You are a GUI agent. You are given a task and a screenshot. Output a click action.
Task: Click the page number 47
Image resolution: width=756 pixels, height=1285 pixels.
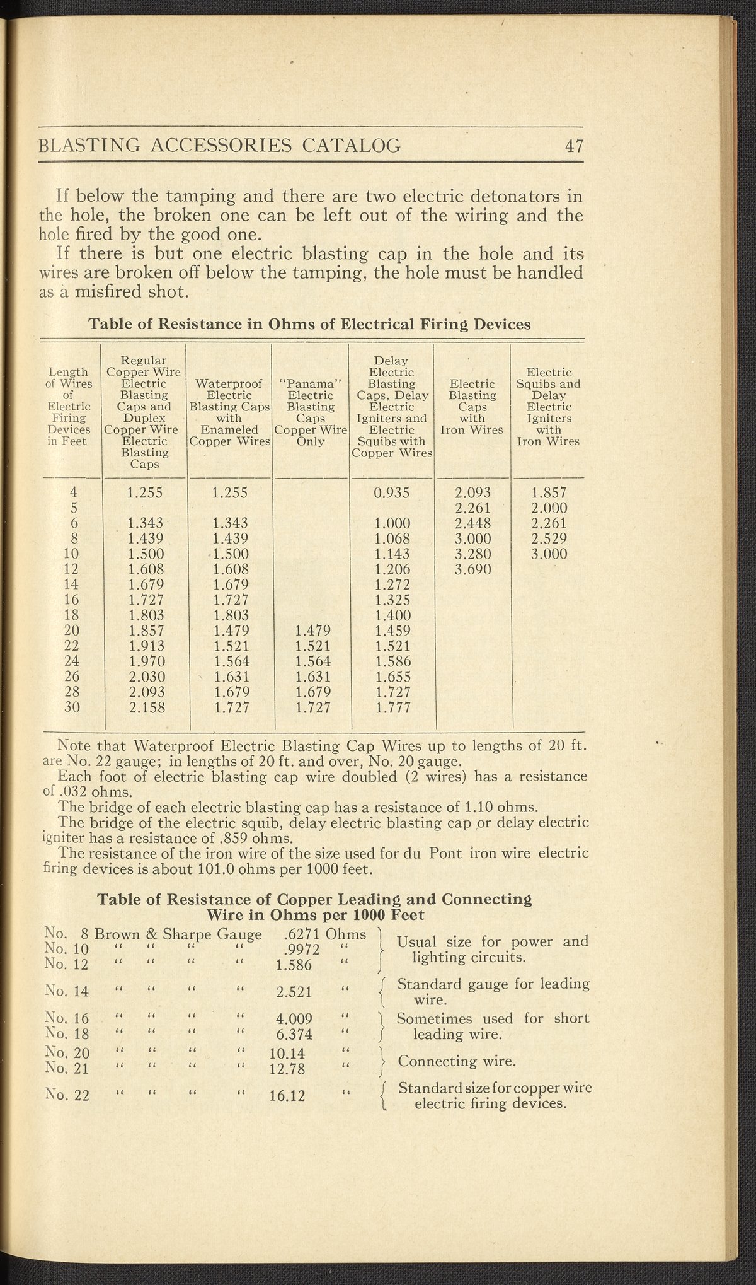tap(574, 146)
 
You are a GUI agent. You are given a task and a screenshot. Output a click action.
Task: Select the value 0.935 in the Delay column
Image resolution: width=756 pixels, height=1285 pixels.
tap(391, 493)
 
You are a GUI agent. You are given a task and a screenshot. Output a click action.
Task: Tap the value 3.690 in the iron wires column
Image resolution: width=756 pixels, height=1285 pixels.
tap(472, 569)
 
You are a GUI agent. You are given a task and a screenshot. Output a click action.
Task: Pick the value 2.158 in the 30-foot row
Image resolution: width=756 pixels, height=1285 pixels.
tap(146, 707)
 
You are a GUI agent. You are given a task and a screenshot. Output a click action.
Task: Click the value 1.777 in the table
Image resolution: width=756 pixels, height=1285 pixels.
tap(392, 707)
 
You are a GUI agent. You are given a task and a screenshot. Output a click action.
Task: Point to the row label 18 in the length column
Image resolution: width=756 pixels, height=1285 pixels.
tap(71, 615)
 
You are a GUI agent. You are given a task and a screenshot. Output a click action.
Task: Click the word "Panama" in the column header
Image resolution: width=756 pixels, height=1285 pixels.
tap(310, 384)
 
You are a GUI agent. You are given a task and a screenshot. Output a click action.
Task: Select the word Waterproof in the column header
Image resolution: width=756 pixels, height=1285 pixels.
tap(229, 384)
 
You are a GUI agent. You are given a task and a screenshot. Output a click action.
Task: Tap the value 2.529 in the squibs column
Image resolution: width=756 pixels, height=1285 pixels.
tap(549, 539)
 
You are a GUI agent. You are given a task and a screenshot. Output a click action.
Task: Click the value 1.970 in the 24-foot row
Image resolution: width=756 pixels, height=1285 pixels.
tap(146, 661)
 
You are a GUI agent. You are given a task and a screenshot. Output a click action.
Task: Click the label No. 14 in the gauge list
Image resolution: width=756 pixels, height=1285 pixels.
tap(67, 991)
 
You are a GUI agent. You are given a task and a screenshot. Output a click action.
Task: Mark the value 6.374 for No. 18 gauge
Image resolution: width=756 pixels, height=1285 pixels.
tap(294, 1033)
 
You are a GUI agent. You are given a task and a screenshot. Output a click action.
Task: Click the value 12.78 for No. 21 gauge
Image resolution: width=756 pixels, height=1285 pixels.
tap(288, 1068)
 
